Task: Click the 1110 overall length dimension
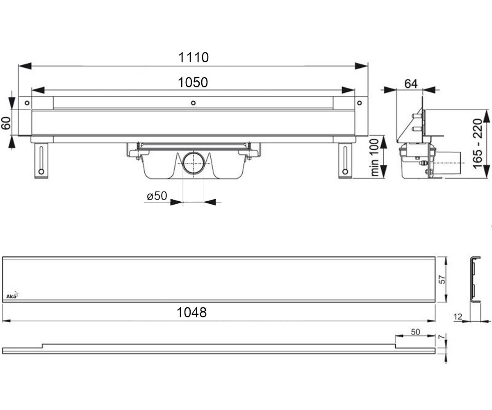tap(193, 57)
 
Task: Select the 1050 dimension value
tap(193, 82)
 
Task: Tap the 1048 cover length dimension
tap(191, 312)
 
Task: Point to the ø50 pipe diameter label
tap(157, 196)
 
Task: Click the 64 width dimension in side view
tap(411, 84)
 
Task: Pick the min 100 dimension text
tap(374, 157)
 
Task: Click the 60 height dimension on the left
tap(6, 123)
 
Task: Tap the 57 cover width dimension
tap(442, 280)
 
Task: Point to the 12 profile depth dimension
tap(458, 317)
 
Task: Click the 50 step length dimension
tap(415, 332)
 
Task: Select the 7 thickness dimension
tap(442, 337)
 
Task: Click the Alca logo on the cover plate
tap(12, 296)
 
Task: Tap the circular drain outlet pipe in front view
tap(194, 163)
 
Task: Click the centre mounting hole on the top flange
tap(193, 103)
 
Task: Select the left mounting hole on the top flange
tap(27, 103)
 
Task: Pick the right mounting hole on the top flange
tap(360, 103)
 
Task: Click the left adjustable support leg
tap(41, 160)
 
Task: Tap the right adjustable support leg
tap(345, 160)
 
